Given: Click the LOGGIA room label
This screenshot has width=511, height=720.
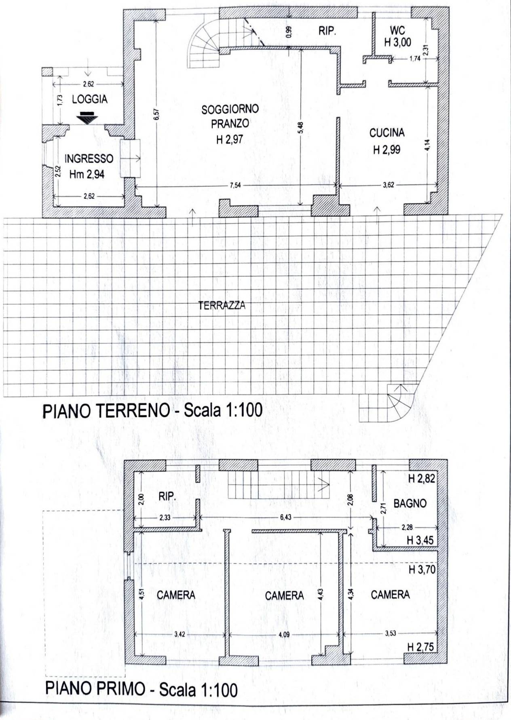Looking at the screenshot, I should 90,99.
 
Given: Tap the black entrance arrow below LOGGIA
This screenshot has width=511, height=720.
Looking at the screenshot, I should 88,118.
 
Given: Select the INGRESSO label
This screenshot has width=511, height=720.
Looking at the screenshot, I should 89,158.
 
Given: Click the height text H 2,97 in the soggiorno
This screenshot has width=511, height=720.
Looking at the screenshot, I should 230,140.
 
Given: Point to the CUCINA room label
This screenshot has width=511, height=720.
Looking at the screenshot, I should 387,133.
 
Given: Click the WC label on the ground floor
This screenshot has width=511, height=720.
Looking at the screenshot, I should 397,30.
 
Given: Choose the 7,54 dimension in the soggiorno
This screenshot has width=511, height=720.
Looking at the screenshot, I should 235,186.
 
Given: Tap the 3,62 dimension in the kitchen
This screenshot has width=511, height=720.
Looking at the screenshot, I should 388,185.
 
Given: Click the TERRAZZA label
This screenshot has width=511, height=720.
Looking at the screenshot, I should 222,306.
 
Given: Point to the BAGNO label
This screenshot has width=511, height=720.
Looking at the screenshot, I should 410,504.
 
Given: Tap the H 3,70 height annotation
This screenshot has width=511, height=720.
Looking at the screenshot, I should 422,570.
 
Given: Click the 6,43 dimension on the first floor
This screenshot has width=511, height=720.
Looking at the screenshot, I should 285,517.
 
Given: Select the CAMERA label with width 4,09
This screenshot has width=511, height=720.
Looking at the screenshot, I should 284,595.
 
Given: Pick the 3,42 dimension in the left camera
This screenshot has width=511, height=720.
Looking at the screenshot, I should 179,634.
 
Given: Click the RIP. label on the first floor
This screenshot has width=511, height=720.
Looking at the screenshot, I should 167,497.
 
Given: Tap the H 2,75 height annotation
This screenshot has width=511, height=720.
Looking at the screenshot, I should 420,647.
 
